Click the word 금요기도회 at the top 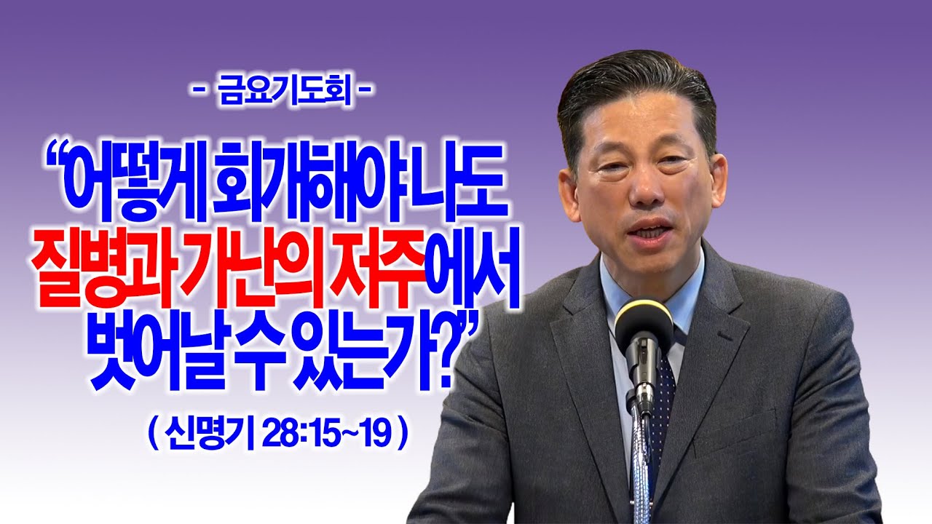pyautogui.click(x=285, y=94)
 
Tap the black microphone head pyautogui.click(x=644, y=328)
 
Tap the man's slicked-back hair pyautogui.click(x=633, y=91)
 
